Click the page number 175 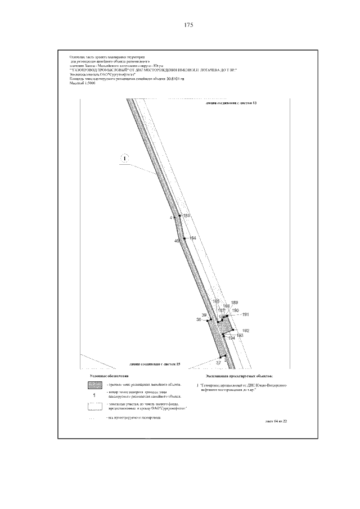(188, 25)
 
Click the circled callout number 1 (124, 158)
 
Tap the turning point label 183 (187, 215)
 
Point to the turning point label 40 (177, 241)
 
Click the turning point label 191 (245, 314)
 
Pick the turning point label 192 (245, 331)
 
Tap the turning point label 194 (231, 339)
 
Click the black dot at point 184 (185, 238)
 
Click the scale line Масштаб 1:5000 (82, 84)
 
